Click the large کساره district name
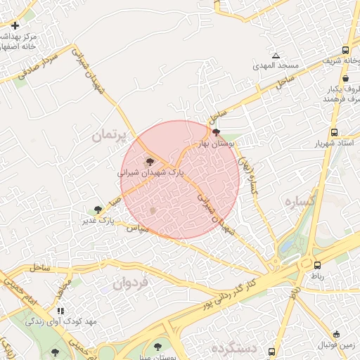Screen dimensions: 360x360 (299, 201)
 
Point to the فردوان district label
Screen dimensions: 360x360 (130, 283)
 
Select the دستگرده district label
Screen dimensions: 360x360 (234, 348)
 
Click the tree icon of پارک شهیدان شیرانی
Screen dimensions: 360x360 (150, 161)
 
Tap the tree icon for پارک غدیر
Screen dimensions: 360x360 (98, 210)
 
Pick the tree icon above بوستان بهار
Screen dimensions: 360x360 (216, 132)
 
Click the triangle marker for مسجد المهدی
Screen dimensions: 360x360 (276, 56)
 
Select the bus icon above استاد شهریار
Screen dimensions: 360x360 (334, 132)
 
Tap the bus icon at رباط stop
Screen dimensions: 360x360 (317, 265)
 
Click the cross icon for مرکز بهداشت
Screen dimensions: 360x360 (15, 25)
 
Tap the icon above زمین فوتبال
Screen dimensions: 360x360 (336, 334)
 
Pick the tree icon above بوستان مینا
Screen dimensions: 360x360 (157, 347)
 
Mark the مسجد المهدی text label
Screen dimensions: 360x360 (276, 65)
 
